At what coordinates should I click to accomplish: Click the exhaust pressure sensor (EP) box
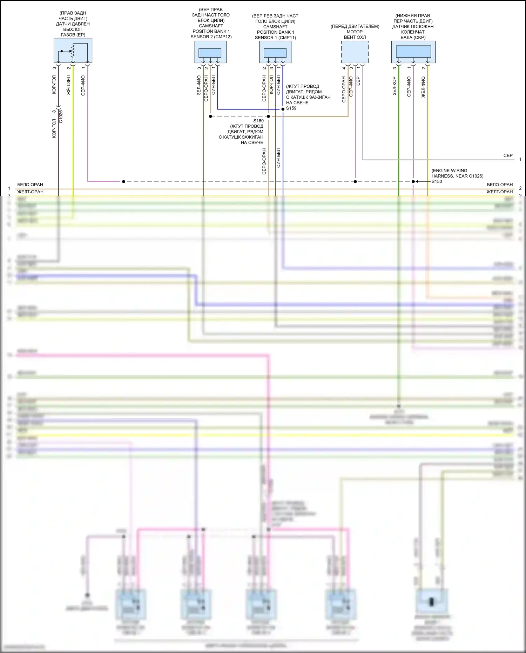(73, 51)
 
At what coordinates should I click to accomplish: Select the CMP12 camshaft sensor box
(210, 52)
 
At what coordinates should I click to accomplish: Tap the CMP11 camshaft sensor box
(275, 52)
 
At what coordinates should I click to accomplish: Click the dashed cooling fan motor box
(355, 52)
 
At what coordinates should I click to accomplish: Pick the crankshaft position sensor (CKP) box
(413, 52)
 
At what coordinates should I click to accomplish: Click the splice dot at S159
(283, 109)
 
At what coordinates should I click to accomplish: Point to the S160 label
(258, 121)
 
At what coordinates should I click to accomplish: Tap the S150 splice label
(437, 181)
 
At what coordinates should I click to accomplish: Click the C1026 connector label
(61, 116)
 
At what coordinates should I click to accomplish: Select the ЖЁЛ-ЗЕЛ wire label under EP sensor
(69, 85)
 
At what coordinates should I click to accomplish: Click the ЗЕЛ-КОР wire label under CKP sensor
(394, 86)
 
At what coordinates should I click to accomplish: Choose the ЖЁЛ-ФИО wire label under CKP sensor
(423, 87)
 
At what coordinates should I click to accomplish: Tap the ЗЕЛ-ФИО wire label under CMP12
(199, 85)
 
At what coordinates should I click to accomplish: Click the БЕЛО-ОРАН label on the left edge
(30, 185)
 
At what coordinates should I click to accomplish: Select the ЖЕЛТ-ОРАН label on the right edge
(500, 192)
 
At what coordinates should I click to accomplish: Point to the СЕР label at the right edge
(508, 155)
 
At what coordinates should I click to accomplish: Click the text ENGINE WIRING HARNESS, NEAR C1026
(457, 173)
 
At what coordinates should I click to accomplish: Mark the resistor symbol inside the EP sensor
(73, 51)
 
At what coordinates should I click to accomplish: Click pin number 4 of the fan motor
(344, 68)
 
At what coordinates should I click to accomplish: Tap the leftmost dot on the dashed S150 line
(123, 182)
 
